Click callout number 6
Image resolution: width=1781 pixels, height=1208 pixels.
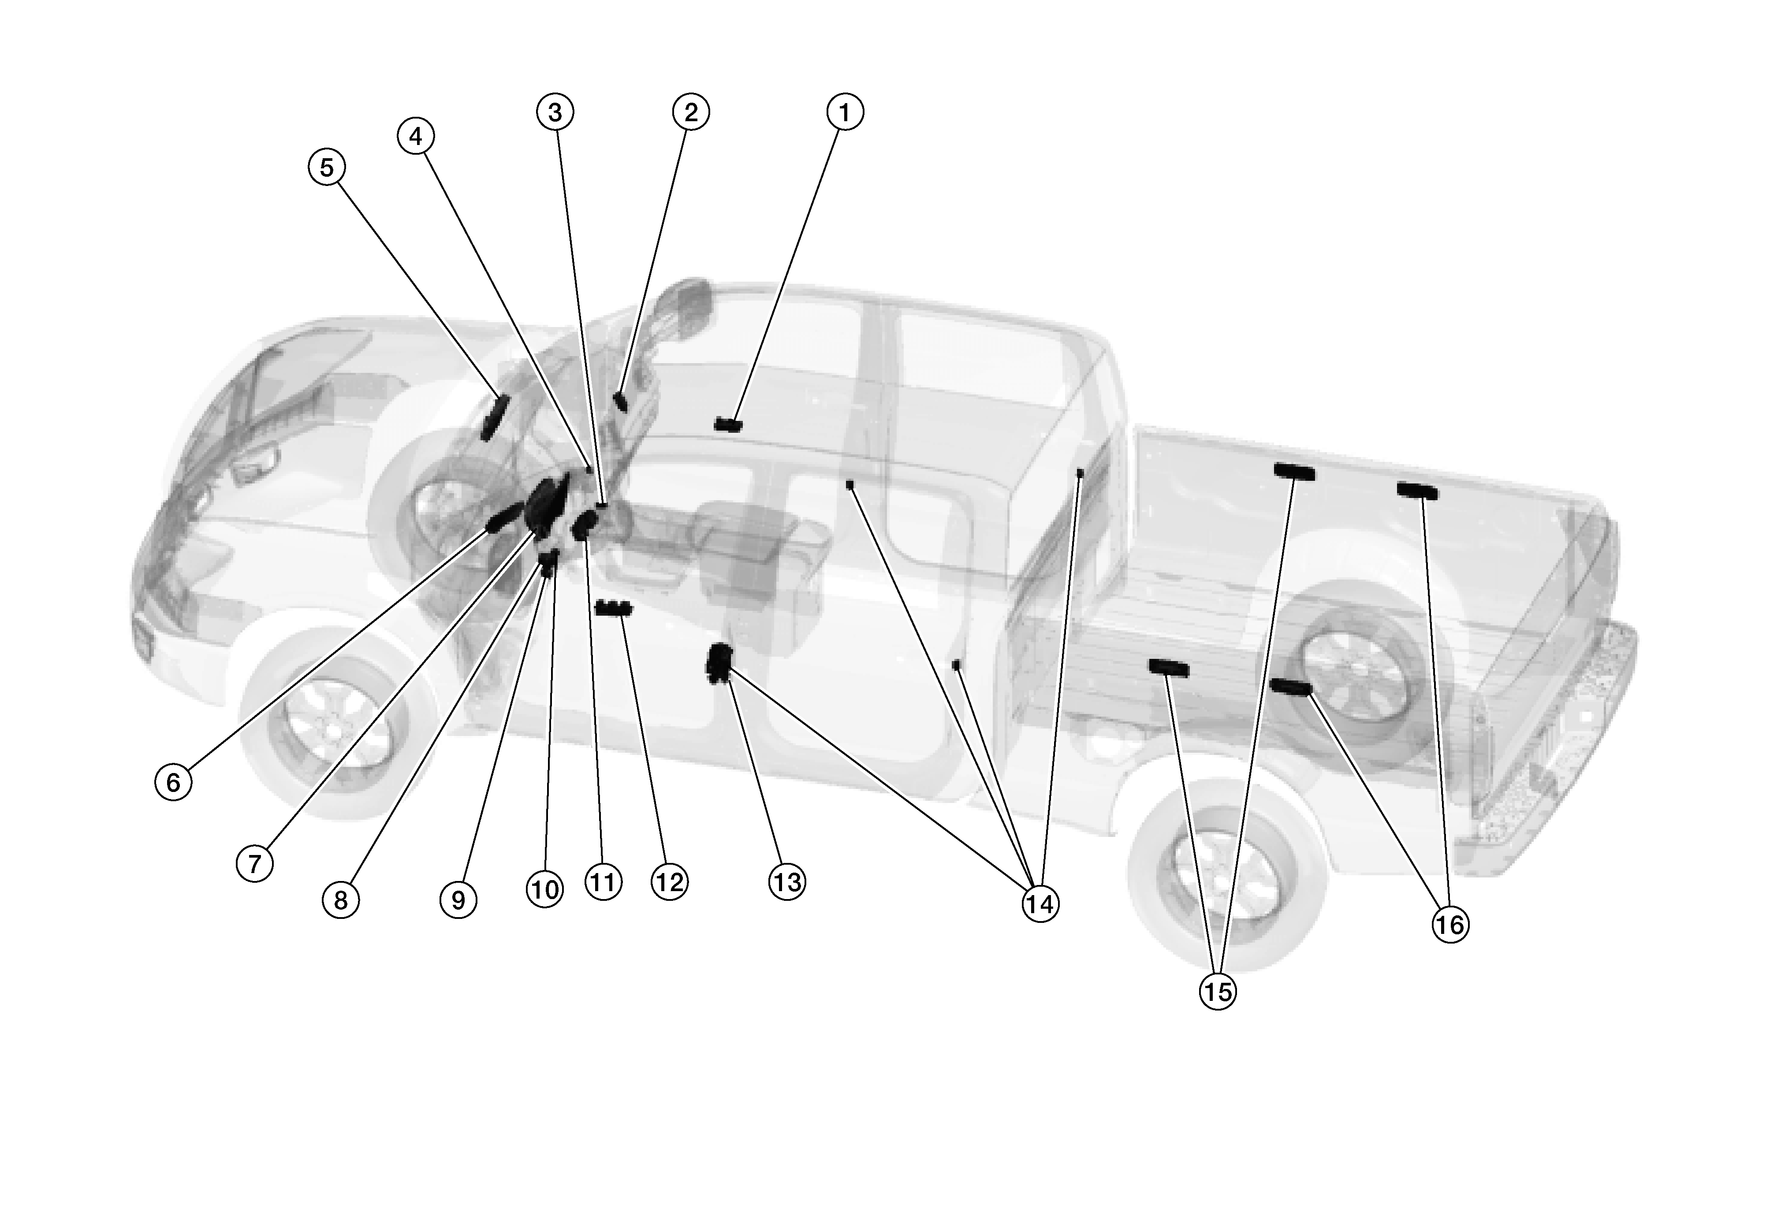tap(174, 782)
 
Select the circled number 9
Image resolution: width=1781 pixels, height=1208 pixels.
tap(458, 900)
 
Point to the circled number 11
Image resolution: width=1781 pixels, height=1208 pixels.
tap(603, 882)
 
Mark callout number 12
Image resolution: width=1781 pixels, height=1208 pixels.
tap(669, 882)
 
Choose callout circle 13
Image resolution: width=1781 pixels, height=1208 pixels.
tap(787, 882)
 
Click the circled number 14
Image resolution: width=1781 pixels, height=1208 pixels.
tap(1040, 905)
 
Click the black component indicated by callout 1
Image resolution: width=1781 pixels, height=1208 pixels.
tap(728, 425)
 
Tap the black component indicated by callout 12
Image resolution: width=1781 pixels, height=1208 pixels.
tap(613, 608)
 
